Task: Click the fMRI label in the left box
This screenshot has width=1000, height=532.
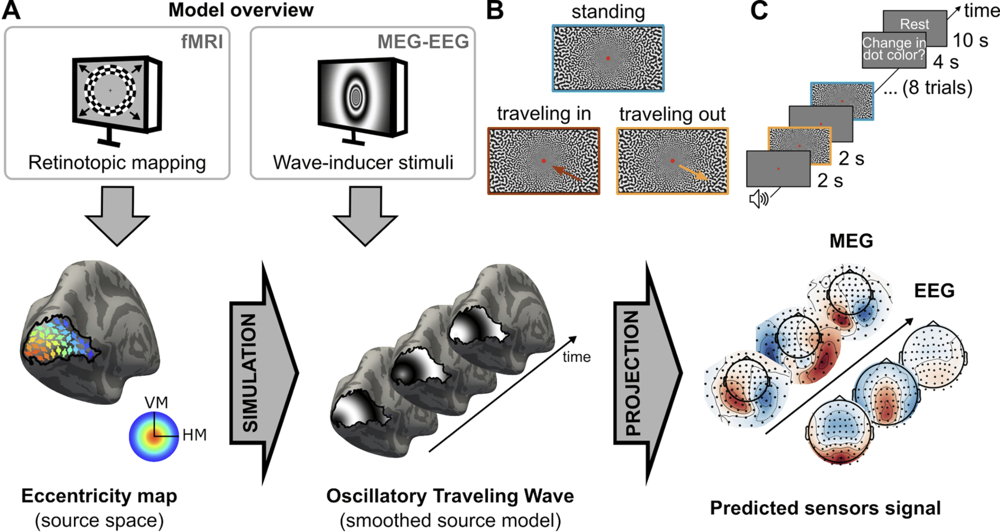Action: tap(202, 41)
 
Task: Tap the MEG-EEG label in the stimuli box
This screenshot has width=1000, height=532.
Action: tap(423, 41)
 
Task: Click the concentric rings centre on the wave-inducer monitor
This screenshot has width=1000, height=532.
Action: tap(355, 97)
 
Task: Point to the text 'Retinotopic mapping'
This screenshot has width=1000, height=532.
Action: tap(117, 162)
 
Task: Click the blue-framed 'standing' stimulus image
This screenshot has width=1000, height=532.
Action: tap(608, 58)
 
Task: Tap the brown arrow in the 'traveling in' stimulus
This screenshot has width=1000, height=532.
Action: tap(567, 173)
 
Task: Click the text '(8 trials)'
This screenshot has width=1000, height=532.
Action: tap(937, 87)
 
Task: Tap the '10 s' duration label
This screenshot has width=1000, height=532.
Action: tap(970, 40)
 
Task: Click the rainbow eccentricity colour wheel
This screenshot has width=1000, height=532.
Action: tap(153, 436)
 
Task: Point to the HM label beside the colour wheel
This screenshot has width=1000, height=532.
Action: tap(194, 435)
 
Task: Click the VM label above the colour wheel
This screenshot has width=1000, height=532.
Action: tap(156, 402)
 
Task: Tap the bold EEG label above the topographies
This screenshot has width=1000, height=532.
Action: tap(934, 290)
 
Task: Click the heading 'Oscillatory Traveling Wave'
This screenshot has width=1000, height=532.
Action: tap(450, 496)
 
